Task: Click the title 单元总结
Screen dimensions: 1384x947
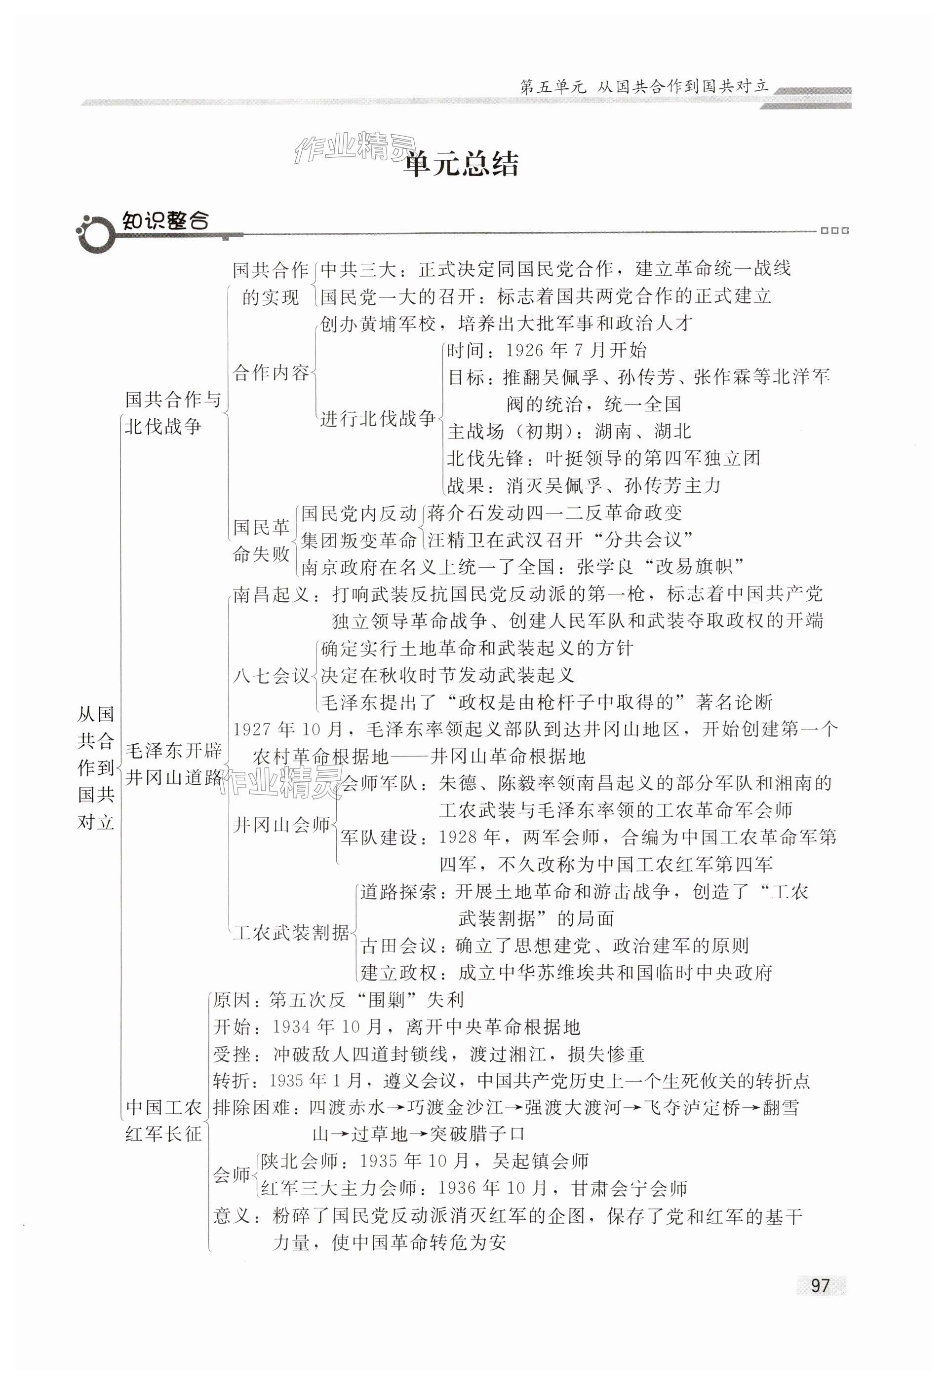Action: tap(461, 164)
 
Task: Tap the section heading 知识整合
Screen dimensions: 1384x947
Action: tap(165, 221)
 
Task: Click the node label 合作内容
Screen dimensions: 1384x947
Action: tap(271, 373)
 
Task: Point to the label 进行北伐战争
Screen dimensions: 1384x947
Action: tap(378, 418)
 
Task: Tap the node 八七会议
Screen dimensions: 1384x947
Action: tap(271, 675)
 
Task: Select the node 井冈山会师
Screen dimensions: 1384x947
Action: tap(281, 825)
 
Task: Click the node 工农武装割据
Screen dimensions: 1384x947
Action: tap(291, 932)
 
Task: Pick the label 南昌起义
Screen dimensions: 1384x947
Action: tap(271, 594)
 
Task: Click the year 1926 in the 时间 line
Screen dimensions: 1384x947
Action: tap(528, 350)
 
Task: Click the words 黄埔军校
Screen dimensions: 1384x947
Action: tap(397, 324)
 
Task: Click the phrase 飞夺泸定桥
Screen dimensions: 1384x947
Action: tap(690, 1108)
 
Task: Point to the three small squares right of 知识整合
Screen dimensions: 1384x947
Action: tap(834, 231)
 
